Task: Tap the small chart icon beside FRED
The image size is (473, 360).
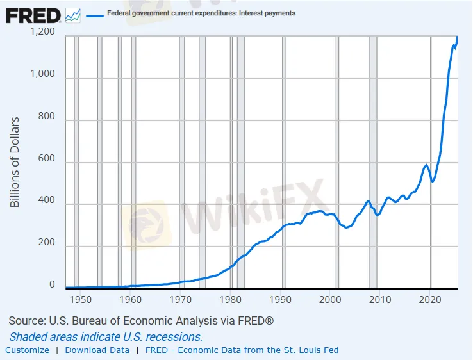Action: [x=73, y=15]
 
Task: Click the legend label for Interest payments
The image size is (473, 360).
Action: [x=201, y=13]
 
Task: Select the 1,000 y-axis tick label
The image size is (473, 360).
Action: [x=44, y=75]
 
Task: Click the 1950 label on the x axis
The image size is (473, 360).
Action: [x=80, y=300]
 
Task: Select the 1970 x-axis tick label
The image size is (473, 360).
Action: [x=180, y=300]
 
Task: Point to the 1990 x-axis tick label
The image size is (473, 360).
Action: [x=280, y=300]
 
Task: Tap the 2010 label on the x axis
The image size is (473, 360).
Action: [x=380, y=300]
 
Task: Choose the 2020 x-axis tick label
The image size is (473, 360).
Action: [x=430, y=300]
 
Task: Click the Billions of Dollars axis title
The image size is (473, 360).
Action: [x=15, y=161]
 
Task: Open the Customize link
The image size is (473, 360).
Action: [x=27, y=350]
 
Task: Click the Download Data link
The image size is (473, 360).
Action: [x=97, y=350]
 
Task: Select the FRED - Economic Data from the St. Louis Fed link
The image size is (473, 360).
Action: [x=242, y=350]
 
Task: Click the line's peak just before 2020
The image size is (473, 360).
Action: [x=426, y=165]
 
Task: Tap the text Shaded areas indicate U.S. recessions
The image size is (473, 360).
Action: [x=106, y=336]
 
